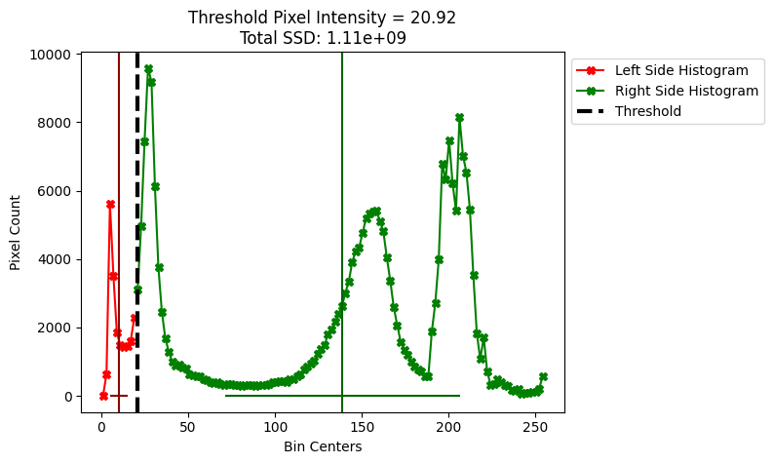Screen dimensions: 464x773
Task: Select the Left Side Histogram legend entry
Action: (x=681, y=70)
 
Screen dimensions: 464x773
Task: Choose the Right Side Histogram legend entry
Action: (x=686, y=91)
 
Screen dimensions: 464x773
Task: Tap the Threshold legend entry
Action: (x=647, y=111)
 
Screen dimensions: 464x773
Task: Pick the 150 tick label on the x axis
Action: (x=362, y=428)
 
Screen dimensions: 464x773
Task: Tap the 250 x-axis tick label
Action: (x=535, y=428)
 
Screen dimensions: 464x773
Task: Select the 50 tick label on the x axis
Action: (x=188, y=428)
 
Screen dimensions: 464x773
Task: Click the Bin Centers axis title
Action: (x=323, y=446)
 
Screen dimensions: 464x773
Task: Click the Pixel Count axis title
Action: (x=16, y=232)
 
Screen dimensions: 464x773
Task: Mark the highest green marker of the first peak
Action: (x=148, y=69)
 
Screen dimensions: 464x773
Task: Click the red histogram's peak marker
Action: (x=110, y=205)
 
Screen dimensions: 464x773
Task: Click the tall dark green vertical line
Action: (x=342, y=195)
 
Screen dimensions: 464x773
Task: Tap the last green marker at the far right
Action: (x=543, y=376)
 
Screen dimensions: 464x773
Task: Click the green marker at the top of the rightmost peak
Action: (x=459, y=117)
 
